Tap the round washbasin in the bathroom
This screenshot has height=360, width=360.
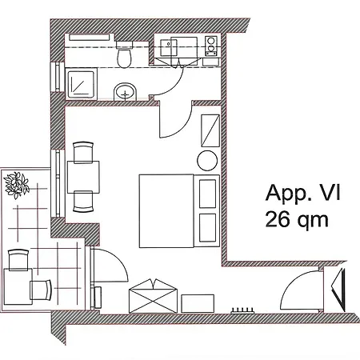click(126, 92)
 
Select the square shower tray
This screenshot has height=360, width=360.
click(81, 83)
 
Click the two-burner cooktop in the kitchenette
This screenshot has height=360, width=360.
click(211, 46)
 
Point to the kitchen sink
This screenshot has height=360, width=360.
click(169, 47)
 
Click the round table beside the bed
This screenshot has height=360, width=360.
click(207, 161)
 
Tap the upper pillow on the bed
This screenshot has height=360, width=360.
click(208, 194)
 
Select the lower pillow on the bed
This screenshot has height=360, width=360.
click(208, 228)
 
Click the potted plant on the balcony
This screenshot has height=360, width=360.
click(17, 186)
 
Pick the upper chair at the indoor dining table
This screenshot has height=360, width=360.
click(83, 152)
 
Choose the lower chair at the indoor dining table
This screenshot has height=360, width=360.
click(83, 202)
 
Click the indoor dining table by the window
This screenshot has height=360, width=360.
click(83, 177)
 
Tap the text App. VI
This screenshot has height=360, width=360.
click(303, 193)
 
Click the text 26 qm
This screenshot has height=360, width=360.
click(297, 220)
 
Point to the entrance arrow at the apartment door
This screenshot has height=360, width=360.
click(338, 290)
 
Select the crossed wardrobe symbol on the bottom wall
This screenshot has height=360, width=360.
click(153, 296)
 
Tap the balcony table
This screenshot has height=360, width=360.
click(18, 286)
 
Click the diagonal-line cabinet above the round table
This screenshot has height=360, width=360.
click(210, 130)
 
